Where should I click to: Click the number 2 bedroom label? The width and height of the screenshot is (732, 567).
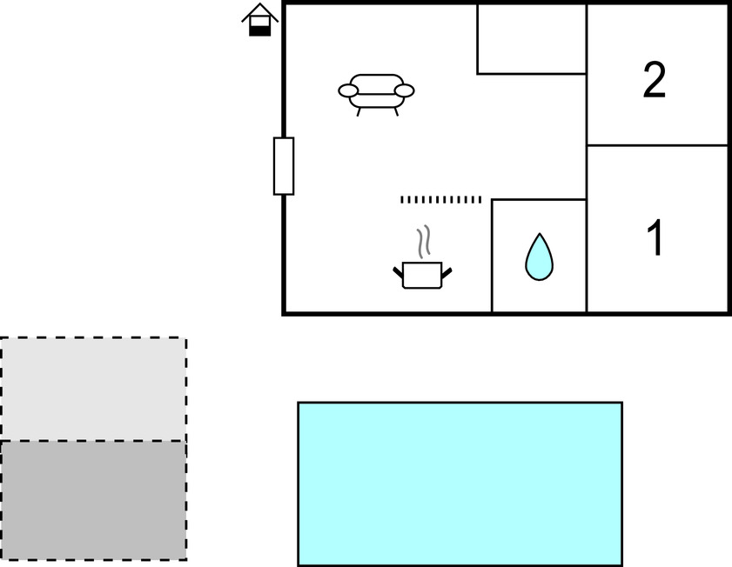pos(654,80)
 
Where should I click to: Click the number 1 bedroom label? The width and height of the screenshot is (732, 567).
pos(655,237)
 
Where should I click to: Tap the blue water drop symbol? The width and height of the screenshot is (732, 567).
pos(539,257)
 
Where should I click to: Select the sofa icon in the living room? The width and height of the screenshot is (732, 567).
pos(376,95)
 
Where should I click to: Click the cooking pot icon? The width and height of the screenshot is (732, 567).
pos(422,275)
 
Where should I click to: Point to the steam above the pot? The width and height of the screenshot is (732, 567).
pos(423,242)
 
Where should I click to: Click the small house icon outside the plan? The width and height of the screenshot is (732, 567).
pos(260,20)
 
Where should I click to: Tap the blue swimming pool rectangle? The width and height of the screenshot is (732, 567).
pos(460,484)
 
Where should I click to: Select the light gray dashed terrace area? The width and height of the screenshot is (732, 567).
pos(93,389)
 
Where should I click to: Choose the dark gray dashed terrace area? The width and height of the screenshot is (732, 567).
pos(93,500)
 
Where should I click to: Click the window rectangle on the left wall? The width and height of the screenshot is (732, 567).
pos(284,166)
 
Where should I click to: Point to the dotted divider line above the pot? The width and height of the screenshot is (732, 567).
pos(440,199)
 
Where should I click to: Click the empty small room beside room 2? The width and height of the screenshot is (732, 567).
pos(532,39)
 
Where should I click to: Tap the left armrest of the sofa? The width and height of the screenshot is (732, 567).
pos(348,90)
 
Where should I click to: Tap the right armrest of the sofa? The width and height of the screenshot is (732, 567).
pos(404,90)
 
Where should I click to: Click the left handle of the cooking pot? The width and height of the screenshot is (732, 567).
pos(398,272)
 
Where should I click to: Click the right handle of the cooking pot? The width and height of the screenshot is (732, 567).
pos(447,273)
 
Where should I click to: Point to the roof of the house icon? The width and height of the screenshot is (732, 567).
pos(260,12)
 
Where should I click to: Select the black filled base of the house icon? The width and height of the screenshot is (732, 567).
pos(260,30)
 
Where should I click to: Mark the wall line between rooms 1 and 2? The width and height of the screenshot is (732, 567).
pos(657,145)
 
